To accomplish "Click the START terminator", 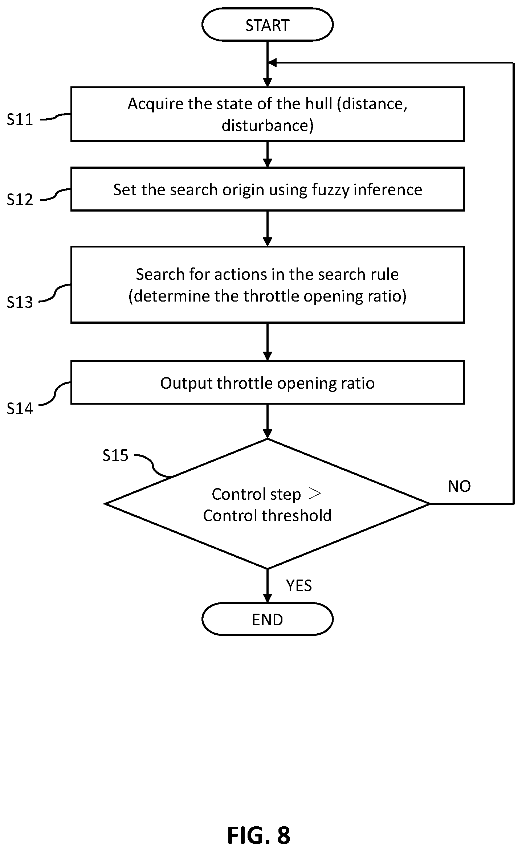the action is (x=267, y=25).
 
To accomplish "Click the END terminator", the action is (x=267, y=619).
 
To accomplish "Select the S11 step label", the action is (x=20, y=119).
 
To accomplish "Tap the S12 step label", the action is (x=20, y=200).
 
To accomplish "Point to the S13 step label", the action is (x=20, y=302).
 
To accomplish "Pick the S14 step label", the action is (x=20, y=409).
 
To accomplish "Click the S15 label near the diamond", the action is (x=115, y=455).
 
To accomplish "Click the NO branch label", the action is (x=459, y=486).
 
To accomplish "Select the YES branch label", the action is (x=299, y=586).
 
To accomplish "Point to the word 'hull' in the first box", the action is (x=319, y=104).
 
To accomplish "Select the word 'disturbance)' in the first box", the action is (x=268, y=126).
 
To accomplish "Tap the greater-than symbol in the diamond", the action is (x=314, y=494).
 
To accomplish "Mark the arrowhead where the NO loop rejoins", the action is (x=272, y=63).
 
